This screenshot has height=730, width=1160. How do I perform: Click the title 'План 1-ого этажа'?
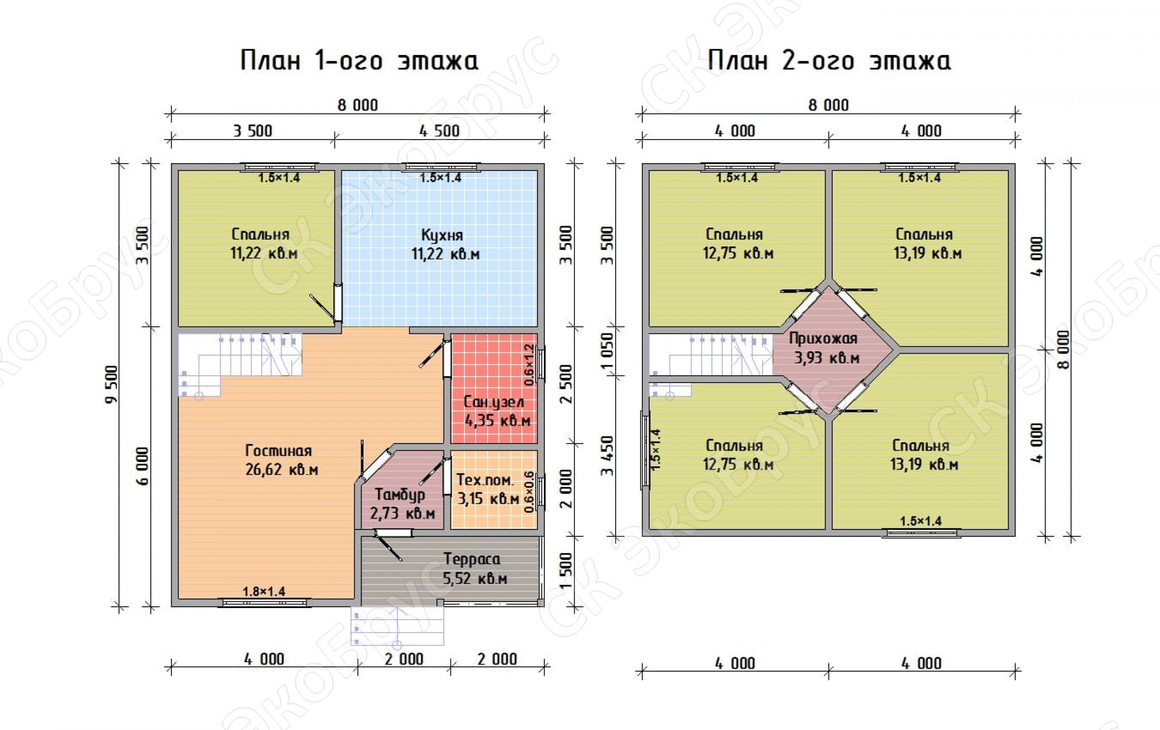tap(359, 61)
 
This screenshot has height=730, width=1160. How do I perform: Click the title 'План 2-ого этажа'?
tap(829, 61)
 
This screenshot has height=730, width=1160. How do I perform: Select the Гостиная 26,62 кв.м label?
tap(281, 460)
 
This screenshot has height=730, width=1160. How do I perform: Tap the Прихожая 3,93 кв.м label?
tap(823, 348)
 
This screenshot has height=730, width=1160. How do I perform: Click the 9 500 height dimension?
tap(112, 385)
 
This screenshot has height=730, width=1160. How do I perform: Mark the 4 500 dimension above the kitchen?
tap(439, 131)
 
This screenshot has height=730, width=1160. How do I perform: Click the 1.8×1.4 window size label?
tap(264, 591)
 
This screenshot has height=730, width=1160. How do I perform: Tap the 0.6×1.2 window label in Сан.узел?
tap(529, 364)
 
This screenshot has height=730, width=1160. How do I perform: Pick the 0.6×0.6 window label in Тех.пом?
tap(529, 492)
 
